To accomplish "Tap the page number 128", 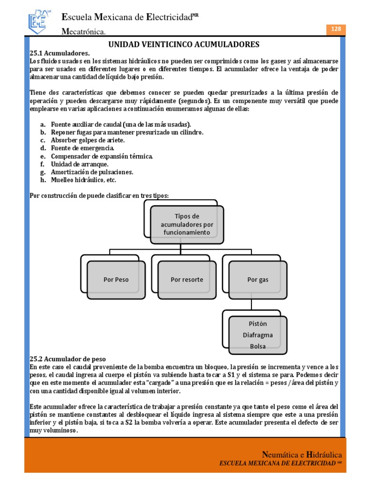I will pos(336,29).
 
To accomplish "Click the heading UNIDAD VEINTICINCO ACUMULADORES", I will pos(184,45).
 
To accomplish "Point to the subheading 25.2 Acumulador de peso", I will pos(67,359).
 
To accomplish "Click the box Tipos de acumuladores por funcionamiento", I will pos(187,224).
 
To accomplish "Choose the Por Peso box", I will pos(116,280).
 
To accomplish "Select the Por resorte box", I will pos(187,280).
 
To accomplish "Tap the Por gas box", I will pos(258,280).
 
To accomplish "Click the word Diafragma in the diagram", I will pos(258,335).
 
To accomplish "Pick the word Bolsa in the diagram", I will pos(258,346).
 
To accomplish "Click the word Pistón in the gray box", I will pos(258,324).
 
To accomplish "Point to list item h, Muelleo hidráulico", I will pos(84,180).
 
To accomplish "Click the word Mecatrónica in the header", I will pos(84,32).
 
